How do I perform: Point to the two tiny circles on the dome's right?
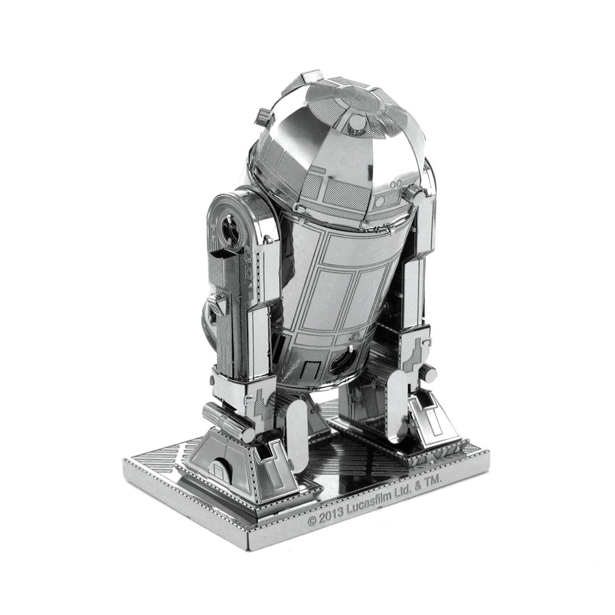tap(397, 184)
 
